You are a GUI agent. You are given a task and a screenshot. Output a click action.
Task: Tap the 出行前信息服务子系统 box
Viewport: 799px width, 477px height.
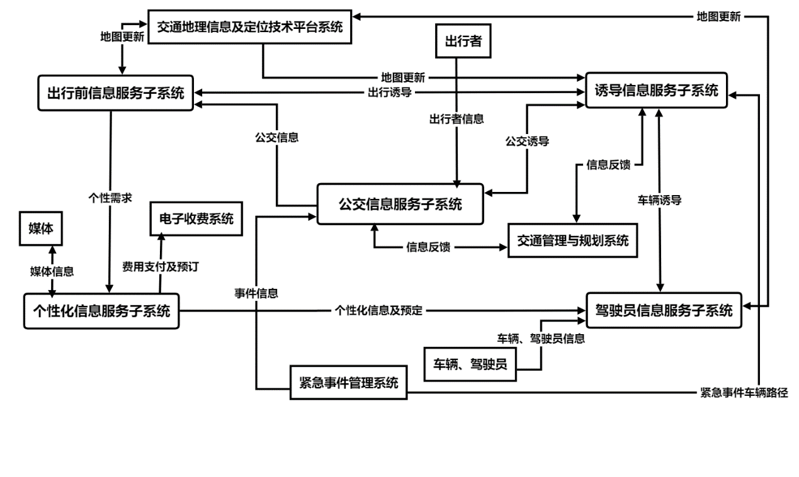(115, 93)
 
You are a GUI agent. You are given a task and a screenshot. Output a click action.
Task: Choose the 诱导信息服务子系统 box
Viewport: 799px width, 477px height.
(656, 91)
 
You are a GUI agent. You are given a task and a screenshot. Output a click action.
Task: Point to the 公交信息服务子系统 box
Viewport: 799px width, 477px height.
(400, 204)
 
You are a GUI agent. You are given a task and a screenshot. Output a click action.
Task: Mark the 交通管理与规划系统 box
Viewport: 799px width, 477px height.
(572, 240)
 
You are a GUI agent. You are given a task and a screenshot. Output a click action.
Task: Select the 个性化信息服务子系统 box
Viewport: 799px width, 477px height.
(101, 311)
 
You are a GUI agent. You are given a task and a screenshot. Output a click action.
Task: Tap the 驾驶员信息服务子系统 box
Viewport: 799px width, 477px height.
(664, 310)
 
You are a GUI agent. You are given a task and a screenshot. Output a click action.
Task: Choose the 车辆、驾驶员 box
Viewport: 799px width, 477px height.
(470, 364)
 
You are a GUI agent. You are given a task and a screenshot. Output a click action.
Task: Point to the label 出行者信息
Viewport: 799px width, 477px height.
(457, 118)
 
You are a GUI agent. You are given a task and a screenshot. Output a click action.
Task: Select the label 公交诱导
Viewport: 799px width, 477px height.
(527, 142)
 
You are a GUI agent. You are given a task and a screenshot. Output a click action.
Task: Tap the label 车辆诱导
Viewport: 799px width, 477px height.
(660, 201)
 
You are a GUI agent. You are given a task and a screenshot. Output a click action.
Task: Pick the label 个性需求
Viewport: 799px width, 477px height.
(111, 196)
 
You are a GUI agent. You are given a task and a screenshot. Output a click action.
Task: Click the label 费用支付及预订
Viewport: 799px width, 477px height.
(161, 266)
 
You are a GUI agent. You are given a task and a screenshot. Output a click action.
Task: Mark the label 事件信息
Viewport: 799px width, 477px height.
(257, 293)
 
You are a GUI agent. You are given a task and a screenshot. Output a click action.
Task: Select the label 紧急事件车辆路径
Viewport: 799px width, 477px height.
(744, 392)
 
